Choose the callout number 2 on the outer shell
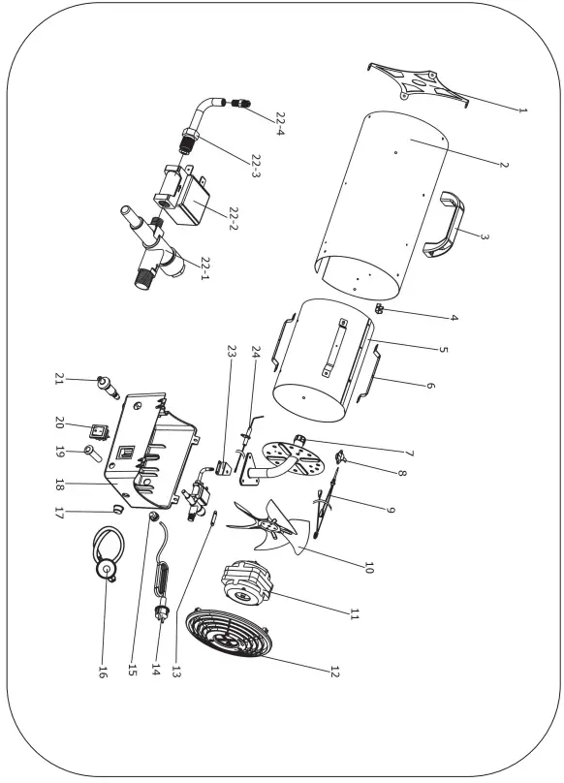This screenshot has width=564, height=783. pos(503,162)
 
